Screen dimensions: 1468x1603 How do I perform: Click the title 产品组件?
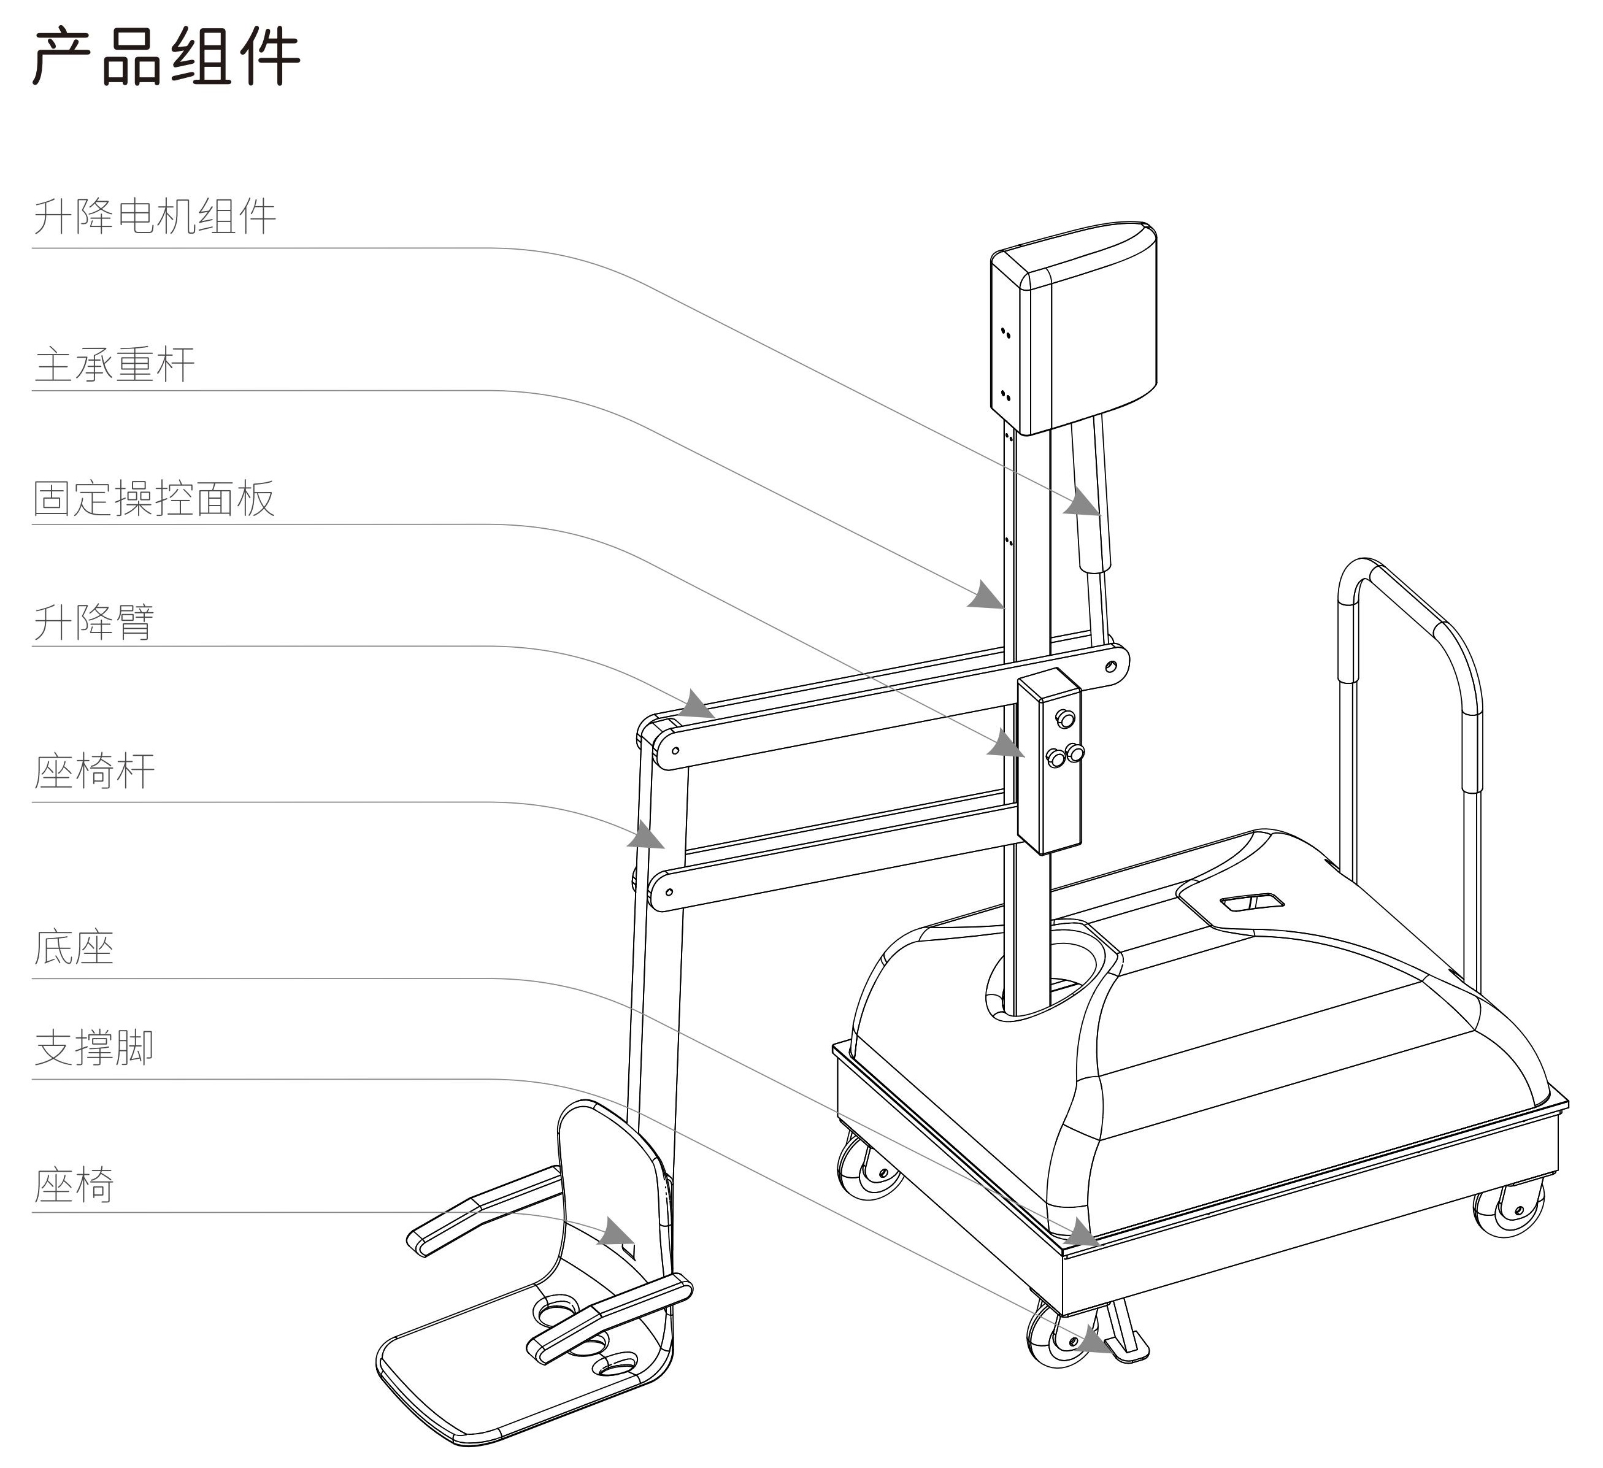pos(166,56)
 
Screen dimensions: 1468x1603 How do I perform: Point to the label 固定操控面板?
pos(154,499)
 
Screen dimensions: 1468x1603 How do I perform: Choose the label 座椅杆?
pos(94,771)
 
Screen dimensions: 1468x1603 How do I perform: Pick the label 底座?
pos(74,947)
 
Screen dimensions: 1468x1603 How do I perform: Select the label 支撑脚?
pos(94,1048)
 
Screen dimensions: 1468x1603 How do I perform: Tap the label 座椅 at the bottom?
pos(74,1186)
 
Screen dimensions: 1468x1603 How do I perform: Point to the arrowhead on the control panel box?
pos(1007,745)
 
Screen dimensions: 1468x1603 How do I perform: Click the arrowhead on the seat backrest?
pos(618,1232)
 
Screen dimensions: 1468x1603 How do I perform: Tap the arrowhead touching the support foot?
pos(1096,1342)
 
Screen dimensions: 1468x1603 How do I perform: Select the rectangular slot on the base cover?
pos(1252,902)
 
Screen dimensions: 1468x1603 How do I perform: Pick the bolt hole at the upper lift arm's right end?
pos(1112,666)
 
